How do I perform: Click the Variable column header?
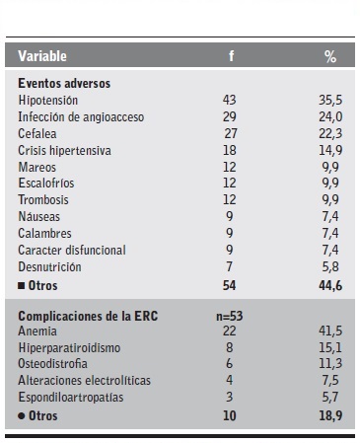[x=42, y=56]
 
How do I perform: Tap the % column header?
[x=329, y=57]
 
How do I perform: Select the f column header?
[x=231, y=57]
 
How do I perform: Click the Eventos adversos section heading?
[x=64, y=85]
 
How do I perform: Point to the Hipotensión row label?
[x=48, y=101]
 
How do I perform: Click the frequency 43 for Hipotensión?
[x=230, y=101]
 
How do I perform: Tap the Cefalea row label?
[x=36, y=134]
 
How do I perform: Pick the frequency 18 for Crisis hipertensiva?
[x=230, y=150]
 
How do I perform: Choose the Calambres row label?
[x=44, y=234]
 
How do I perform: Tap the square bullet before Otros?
[x=21, y=285]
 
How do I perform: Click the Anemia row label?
[x=37, y=332]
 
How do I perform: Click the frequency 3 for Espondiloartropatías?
[x=230, y=399]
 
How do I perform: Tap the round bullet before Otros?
[x=21, y=416]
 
